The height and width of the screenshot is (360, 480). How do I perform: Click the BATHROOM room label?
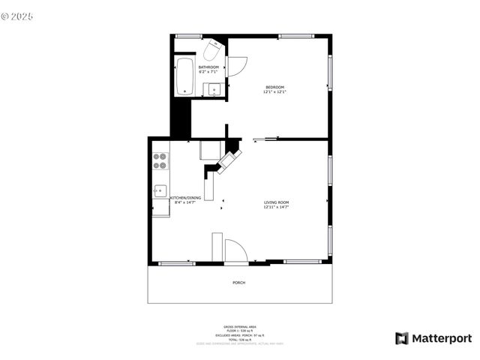tap(208, 67)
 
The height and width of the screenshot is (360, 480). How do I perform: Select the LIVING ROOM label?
tap(276, 202)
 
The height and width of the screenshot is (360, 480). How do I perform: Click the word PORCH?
tap(239, 282)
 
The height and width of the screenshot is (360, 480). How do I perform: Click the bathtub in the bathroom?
tap(184, 78)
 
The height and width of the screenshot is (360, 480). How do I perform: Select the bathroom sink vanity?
tap(214, 88)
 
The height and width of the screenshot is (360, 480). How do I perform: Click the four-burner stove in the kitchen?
tap(160, 160)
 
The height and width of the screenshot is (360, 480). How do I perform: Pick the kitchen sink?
tap(160, 191)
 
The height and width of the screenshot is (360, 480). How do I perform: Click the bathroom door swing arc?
tap(235, 66)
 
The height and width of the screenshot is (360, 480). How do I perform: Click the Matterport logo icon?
tap(402, 338)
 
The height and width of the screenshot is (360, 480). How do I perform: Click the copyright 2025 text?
tap(18, 15)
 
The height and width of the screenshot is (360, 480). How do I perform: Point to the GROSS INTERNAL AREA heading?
tap(239, 327)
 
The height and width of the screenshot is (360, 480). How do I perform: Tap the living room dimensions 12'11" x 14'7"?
tap(276, 207)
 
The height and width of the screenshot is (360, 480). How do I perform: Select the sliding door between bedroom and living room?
tap(266, 139)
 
